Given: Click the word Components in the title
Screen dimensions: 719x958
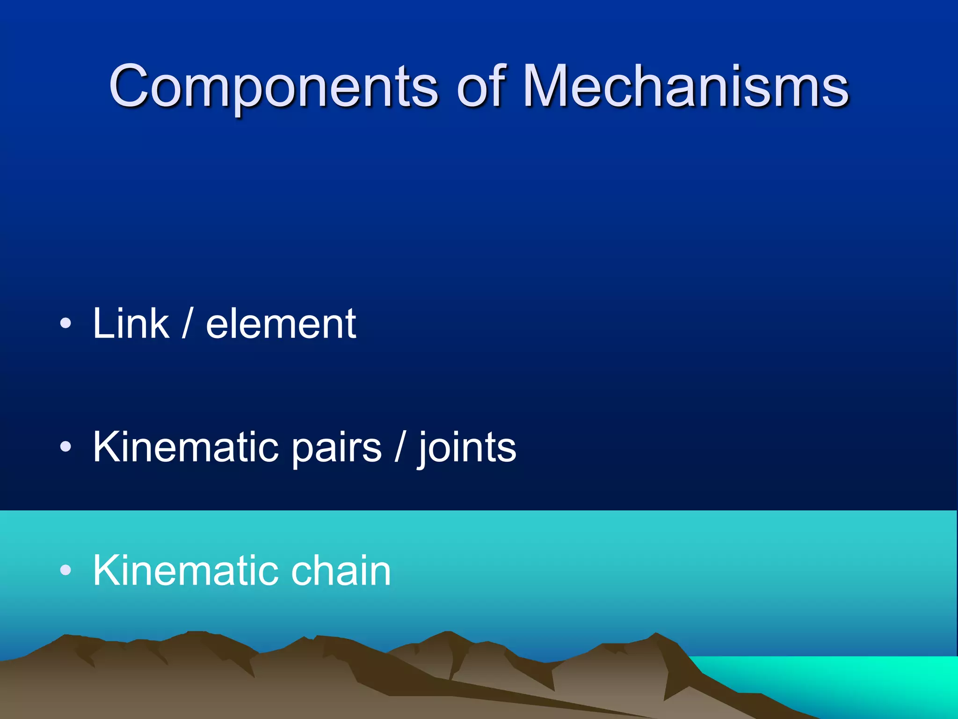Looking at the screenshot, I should [273, 87].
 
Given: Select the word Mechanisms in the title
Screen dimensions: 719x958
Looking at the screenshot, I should [685, 86].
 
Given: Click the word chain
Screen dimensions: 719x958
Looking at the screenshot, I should [341, 570].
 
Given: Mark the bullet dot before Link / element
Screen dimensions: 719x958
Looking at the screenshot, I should [66, 323].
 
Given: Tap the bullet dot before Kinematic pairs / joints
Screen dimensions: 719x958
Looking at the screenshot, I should [66, 447].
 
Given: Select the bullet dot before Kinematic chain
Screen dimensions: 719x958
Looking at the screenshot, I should [66, 570].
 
